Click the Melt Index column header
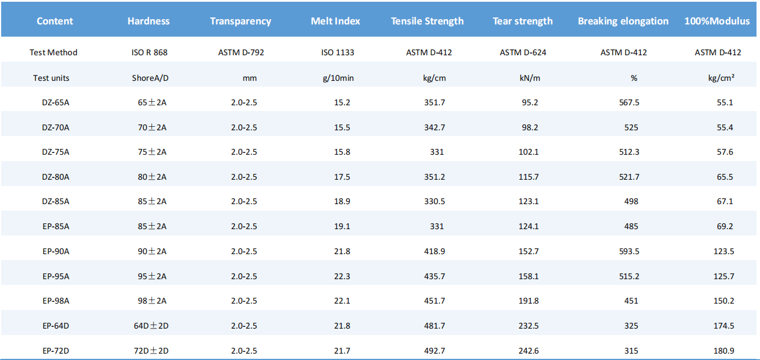pos(335,21)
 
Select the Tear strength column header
pos(523,21)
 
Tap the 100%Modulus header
pos(717,21)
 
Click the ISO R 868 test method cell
pos(150,52)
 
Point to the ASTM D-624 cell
pos(523,52)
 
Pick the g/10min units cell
pos(338,79)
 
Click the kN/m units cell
pos(530,79)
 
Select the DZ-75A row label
pos(56,152)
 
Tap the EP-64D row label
pos(56,326)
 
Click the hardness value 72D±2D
pos(151,351)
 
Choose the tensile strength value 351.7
pos(434,102)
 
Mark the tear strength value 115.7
pos(528,177)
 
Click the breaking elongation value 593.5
pos(629,251)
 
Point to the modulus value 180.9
pos(724,351)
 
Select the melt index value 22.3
pos(342,276)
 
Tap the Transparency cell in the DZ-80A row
pos(244,177)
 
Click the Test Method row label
pos(54,52)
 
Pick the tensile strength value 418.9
pos(434,251)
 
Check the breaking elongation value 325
pos(631,326)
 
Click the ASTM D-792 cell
pos(241,52)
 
